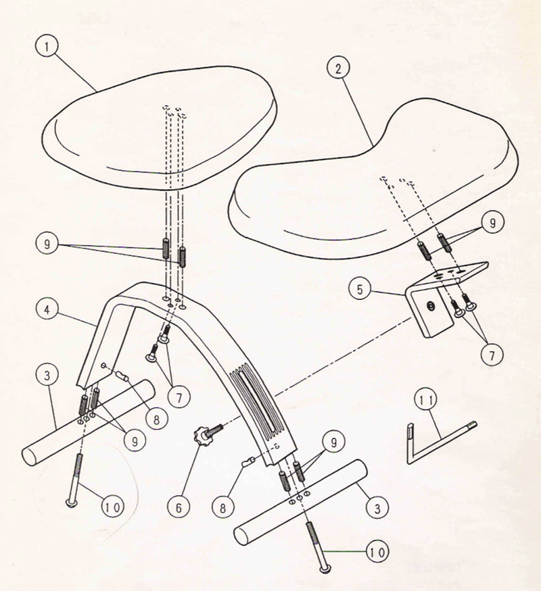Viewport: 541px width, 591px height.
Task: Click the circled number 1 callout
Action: [47, 47]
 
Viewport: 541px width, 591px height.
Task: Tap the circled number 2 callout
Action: [338, 68]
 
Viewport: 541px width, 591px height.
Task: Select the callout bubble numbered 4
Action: [47, 310]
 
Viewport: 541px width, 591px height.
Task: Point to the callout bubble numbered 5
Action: [360, 289]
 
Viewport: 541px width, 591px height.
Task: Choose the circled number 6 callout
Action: [179, 508]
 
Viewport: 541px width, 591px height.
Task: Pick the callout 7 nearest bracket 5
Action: [491, 355]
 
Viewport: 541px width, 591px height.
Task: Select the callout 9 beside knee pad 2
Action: [492, 223]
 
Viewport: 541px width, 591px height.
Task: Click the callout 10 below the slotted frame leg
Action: [377, 553]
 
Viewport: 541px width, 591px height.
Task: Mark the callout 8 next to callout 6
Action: [222, 508]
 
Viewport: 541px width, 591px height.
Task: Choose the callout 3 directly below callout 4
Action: [47, 376]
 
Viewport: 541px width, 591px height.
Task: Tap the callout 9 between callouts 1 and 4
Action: [47, 244]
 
